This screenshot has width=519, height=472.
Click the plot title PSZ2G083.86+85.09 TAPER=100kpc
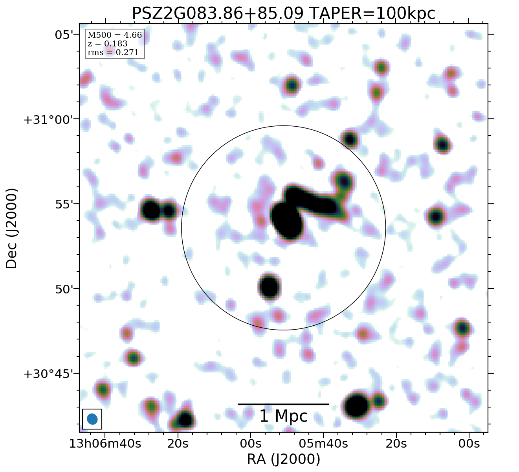click(283, 13)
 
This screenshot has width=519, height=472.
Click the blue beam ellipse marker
click(92, 419)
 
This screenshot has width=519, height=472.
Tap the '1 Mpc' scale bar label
click(283, 416)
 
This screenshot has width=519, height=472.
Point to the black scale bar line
click(283, 404)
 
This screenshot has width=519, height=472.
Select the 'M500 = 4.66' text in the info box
click(115, 35)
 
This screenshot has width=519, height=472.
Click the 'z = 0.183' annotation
click(107, 44)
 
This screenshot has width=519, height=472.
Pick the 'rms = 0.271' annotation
click(113, 52)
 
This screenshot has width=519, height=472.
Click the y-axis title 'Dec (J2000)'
click(11, 228)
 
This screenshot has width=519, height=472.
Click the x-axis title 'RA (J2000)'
click(284, 459)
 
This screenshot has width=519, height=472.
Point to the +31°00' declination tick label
click(51, 120)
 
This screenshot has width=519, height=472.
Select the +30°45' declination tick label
click(51, 374)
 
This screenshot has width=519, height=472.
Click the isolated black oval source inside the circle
click(270, 286)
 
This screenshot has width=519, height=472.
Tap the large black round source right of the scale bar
click(356, 406)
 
